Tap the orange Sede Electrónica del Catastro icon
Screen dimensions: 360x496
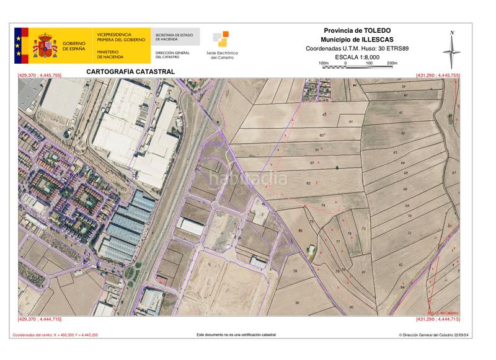click(221, 39)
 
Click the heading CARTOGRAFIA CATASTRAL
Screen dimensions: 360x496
click(130, 72)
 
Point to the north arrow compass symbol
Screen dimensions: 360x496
click(453, 49)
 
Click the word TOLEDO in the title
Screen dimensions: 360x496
click(378, 30)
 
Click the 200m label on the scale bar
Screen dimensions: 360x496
click(392, 63)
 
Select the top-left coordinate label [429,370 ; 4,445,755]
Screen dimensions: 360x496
click(40, 75)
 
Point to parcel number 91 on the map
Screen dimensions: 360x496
click(350, 122)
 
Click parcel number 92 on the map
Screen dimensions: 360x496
click(403, 133)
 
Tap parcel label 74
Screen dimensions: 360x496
click(322, 205)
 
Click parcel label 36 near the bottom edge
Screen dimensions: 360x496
click(297, 302)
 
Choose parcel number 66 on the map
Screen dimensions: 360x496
click(405, 188)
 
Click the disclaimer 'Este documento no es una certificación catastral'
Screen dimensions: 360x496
click(236, 335)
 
